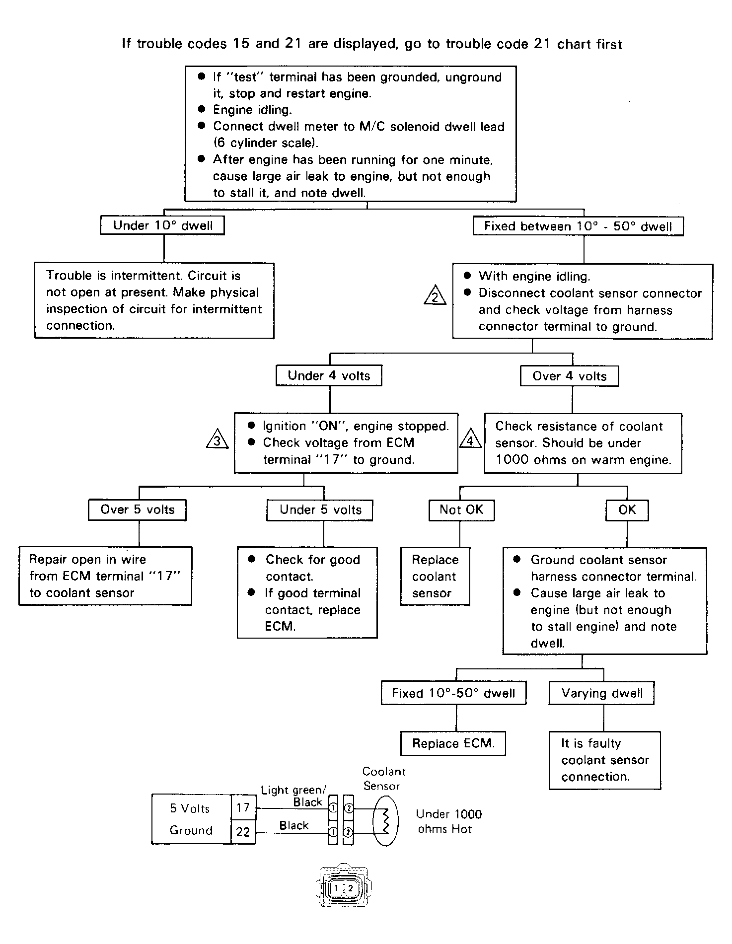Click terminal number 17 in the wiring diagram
[x=243, y=808]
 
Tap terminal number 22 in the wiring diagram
[x=243, y=832]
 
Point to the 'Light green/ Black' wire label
[x=294, y=796]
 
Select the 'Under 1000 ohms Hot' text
[x=449, y=822]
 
